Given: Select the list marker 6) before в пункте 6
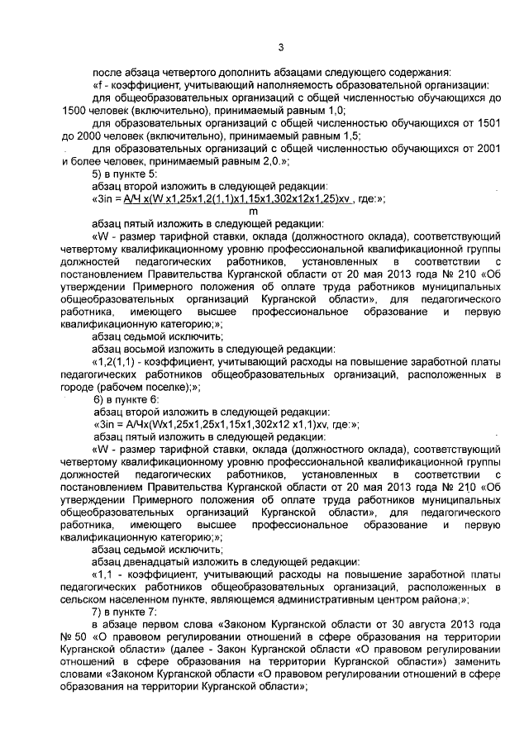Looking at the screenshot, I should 102,400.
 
